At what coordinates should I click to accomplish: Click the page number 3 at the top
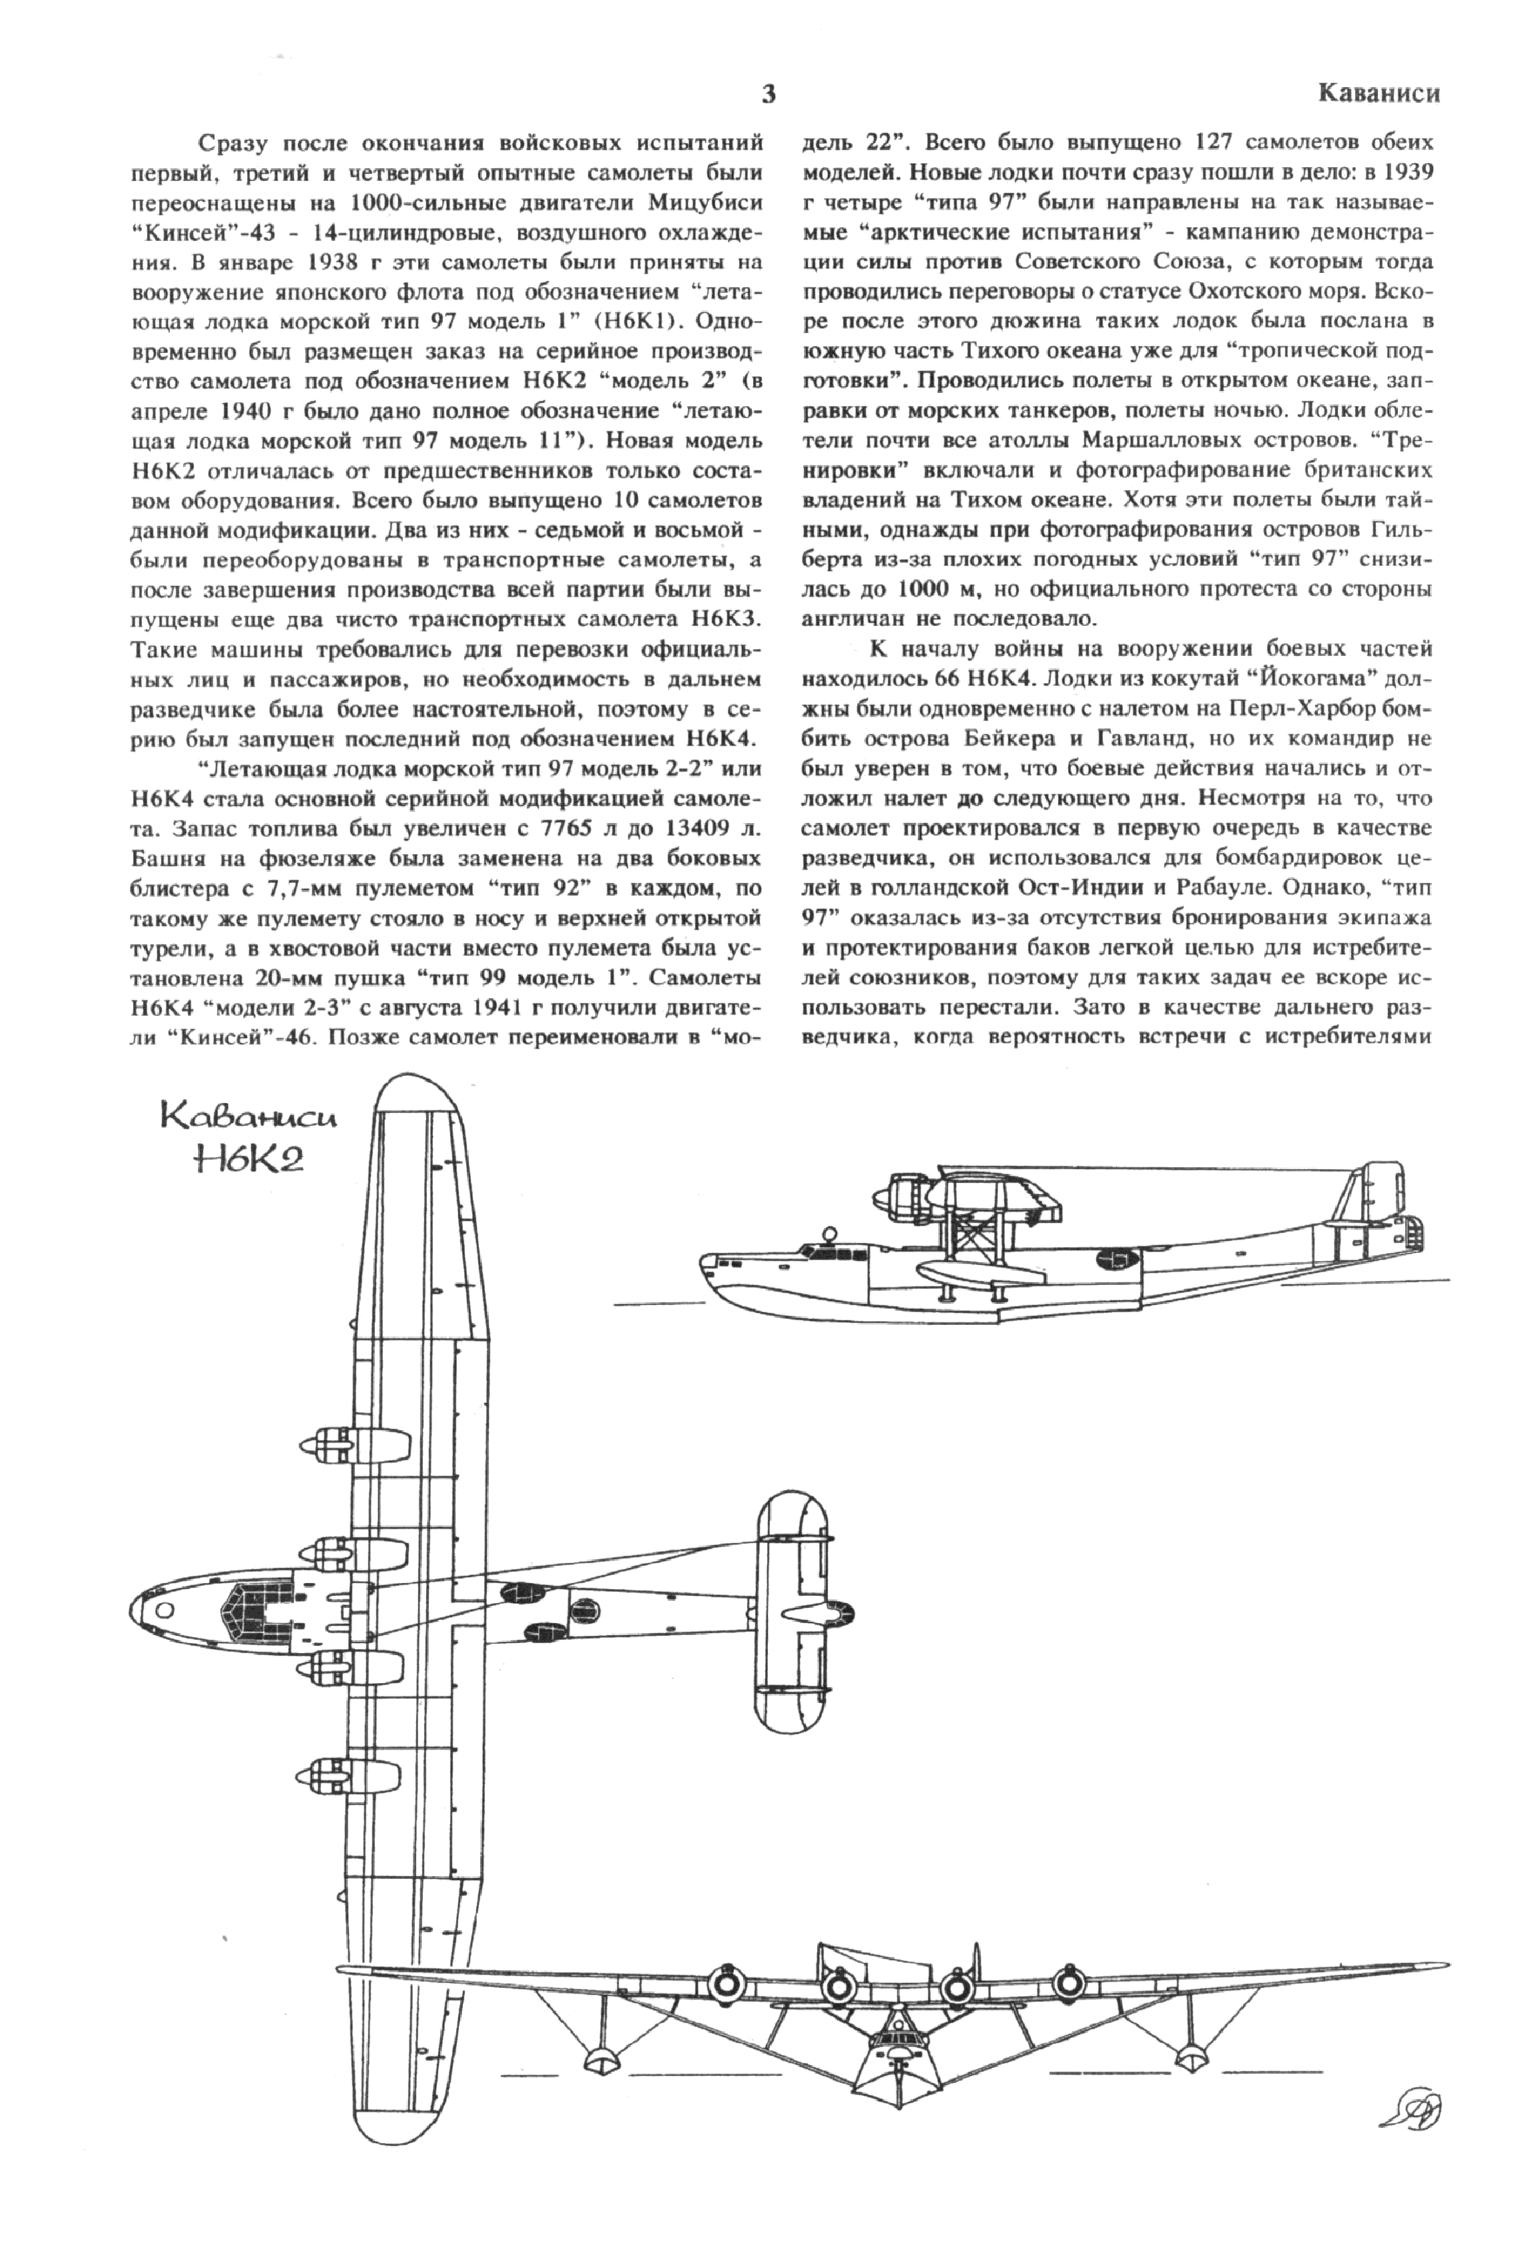tap(768, 95)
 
